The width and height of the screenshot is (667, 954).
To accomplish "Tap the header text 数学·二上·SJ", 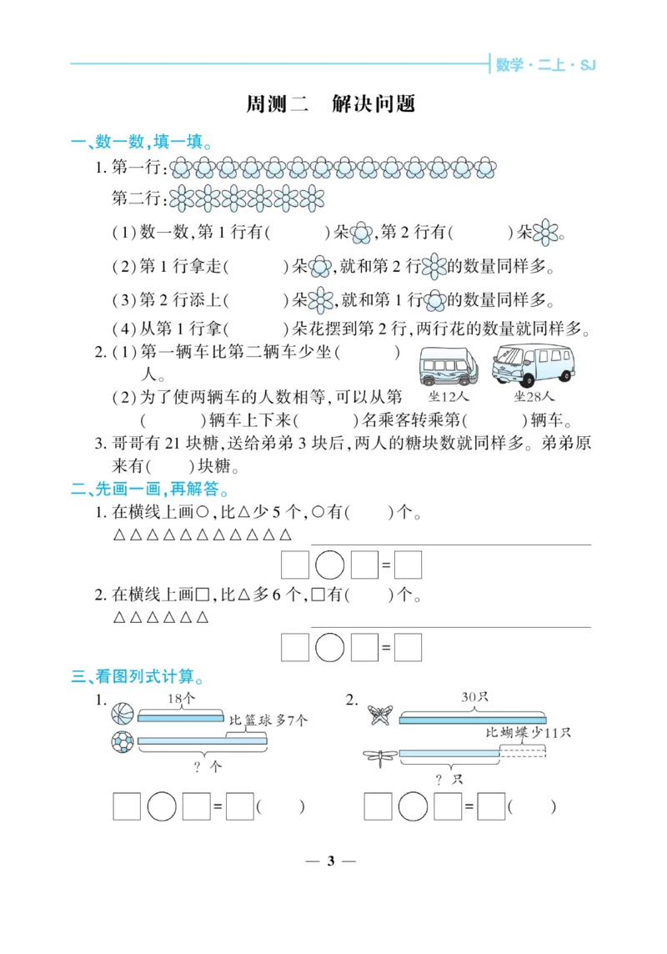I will tap(545, 64).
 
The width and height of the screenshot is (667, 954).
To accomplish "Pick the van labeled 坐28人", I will tap(534, 364).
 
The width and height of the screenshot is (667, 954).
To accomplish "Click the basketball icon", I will tap(123, 714).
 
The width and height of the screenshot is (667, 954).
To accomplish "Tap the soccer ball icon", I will tap(123, 741).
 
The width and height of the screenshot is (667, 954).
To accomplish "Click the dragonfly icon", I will tap(381, 756).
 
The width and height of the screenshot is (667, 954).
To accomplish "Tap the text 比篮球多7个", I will tap(268, 720).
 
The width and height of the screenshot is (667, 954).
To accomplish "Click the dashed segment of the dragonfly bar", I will tap(523, 752).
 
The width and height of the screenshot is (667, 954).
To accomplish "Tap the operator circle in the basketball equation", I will tap(162, 806).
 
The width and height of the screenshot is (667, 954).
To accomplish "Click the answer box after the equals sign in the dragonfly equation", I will tap(492, 806).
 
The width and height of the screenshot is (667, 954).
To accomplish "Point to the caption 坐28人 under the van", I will tap(534, 396).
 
